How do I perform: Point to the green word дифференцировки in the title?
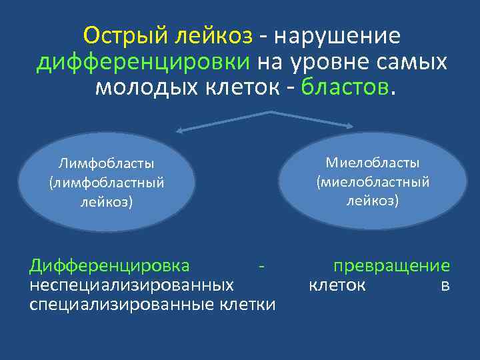click(x=143, y=62)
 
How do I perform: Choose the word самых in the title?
click(x=413, y=62)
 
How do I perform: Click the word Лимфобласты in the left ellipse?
click(x=107, y=163)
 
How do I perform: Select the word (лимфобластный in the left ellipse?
click(x=107, y=182)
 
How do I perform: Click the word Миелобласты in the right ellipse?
click(x=373, y=163)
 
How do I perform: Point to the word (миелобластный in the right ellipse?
click(x=373, y=181)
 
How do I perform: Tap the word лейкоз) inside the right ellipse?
click(x=373, y=200)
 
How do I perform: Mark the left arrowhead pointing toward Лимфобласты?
click(x=160, y=131)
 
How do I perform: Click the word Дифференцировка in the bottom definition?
click(x=109, y=266)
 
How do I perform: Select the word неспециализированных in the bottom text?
click(x=131, y=285)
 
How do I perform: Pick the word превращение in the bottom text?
click(x=391, y=266)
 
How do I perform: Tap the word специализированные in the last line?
click(x=121, y=305)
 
